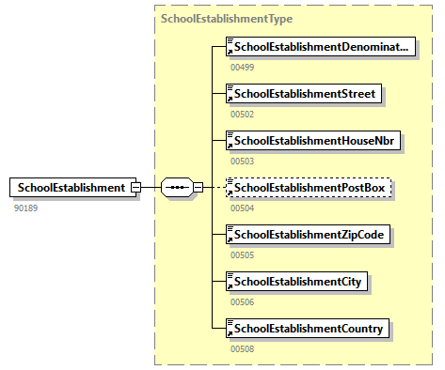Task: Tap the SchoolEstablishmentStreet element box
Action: point(306,93)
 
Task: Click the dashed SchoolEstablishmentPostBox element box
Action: point(310,187)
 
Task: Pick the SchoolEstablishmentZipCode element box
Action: point(310,234)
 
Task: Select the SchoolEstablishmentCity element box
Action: point(298,281)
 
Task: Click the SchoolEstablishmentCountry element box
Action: point(310,328)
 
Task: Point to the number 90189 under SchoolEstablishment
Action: point(26,207)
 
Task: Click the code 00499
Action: point(243,67)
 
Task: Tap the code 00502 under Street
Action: point(243,114)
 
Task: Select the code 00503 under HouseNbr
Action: point(243,161)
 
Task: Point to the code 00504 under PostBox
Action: point(243,208)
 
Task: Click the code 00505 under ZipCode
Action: point(243,254)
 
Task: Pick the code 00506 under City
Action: point(243,301)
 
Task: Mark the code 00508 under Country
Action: point(243,348)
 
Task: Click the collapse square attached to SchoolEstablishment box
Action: point(136,187)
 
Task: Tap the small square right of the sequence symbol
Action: point(199,187)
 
